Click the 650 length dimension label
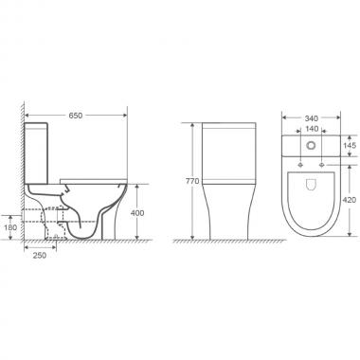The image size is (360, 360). point(76,116)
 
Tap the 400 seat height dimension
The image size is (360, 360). point(137,213)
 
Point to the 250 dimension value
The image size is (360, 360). point(40,255)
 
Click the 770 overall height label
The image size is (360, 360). point(192,181)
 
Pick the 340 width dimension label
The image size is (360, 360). point(312,118)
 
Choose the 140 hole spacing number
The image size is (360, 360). point(312,129)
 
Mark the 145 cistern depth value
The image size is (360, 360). point(350,145)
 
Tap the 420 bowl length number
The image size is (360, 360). point(350,200)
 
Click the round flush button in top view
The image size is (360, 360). point(312,145)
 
